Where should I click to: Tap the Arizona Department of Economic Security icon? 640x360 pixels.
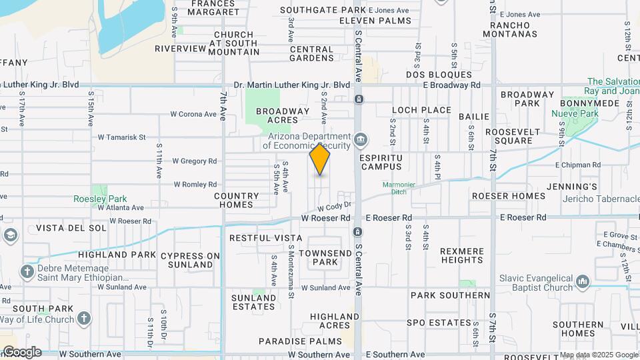pos(361,139)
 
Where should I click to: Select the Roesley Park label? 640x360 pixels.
pos(100,199)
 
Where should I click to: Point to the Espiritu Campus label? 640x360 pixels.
pos(381,161)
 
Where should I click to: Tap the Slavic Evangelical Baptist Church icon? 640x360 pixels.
pos(582,281)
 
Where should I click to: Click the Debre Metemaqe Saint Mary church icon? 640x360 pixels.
pos(27,271)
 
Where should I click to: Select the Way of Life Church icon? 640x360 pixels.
pos(83,318)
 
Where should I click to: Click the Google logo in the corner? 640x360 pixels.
pos(22,352)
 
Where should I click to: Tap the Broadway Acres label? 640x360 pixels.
pos(283,116)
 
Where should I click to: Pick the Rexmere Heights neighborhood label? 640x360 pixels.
pos(462,255)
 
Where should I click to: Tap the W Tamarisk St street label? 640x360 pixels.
pos(121,137)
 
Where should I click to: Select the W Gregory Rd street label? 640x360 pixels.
pos(195,161)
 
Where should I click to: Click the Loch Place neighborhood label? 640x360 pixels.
pos(421,110)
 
